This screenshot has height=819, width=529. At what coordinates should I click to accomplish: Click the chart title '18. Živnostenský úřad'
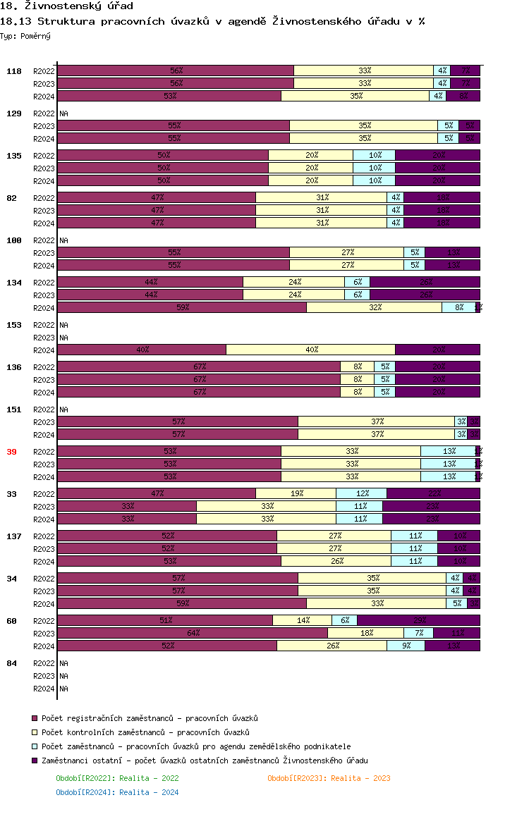(66, 6)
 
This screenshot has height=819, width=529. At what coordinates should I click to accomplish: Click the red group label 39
(11, 452)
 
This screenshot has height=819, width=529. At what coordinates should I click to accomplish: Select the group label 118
(14, 71)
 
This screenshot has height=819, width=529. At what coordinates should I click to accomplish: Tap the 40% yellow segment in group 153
(310, 350)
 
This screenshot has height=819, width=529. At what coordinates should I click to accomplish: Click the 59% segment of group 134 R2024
(181, 307)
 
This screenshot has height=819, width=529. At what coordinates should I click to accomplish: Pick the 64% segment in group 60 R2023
(192, 633)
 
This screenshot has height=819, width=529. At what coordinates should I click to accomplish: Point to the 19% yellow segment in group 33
(296, 493)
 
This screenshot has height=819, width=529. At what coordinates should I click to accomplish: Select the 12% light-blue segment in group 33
(361, 493)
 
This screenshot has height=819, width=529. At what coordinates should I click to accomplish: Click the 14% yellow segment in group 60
(302, 620)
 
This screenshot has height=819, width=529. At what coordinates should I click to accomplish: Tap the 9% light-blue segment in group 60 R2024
(406, 646)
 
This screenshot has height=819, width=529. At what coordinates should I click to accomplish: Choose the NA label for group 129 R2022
(63, 113)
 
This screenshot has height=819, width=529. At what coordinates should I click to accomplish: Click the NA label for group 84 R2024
(63, 689)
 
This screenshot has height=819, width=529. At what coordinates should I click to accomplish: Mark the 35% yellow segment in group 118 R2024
(355, 96)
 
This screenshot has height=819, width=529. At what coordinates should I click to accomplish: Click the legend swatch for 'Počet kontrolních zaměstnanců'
(34, 732)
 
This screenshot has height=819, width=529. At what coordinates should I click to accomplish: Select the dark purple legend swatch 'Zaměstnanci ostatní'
(34, 760)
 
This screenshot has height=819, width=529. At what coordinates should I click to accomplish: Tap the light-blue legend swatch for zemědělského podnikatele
(34, 746)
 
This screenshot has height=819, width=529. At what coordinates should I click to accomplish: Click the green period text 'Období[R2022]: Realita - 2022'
(117, 778)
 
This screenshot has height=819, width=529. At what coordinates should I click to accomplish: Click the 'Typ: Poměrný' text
(25, 35)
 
